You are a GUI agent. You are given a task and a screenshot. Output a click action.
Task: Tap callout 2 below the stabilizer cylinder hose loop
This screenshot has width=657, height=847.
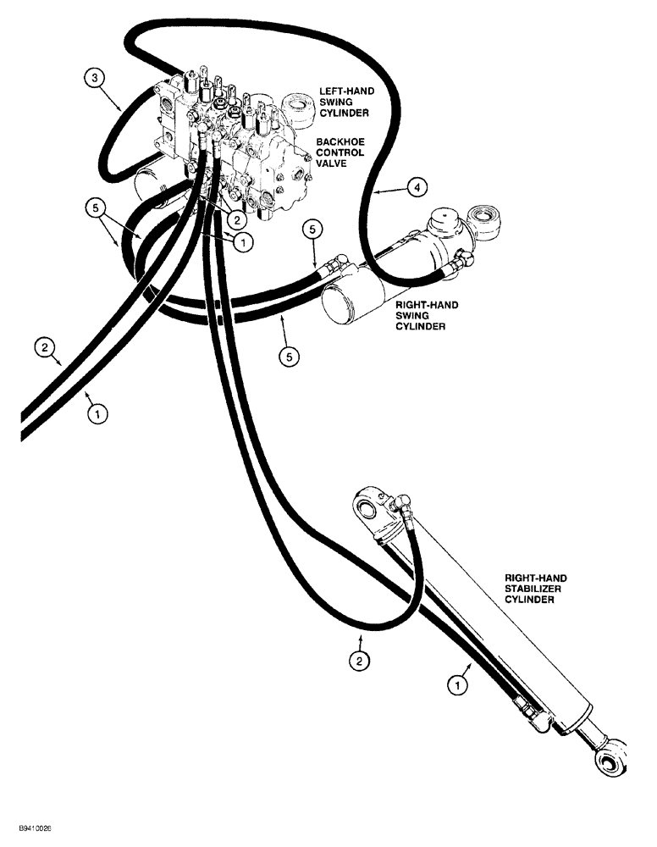click(x=361, y=662)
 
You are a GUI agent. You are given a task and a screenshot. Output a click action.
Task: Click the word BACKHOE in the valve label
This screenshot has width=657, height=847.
click(x=339, y=141)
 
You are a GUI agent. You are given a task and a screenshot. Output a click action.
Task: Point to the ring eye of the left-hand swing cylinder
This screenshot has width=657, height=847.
click(x=300, y=108)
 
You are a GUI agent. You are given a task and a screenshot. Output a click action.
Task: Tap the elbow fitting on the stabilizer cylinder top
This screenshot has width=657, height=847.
click(x=402, y=509)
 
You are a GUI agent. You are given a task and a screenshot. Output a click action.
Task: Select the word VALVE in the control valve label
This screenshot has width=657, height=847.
click(x=334, y=163)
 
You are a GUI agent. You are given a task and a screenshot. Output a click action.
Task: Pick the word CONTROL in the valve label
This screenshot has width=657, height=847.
click(x=340, y=152)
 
